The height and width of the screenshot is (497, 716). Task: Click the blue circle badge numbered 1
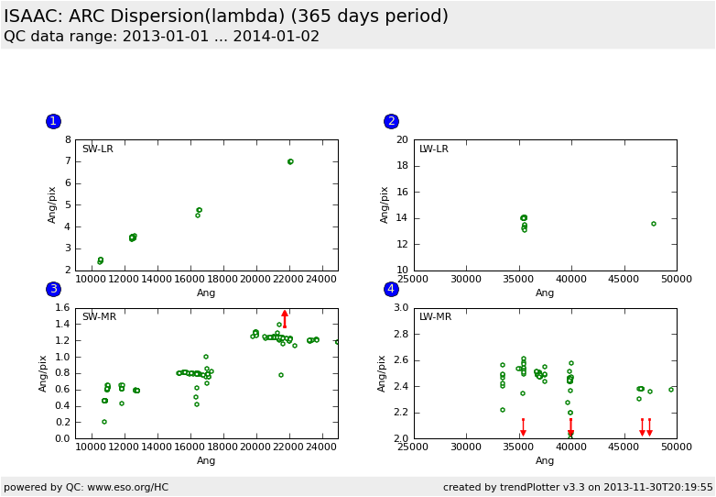click(x=53, y=121)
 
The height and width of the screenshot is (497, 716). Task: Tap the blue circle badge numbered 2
click(x=391, y=121)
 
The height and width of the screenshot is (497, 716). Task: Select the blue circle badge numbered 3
click(x=53, y=290)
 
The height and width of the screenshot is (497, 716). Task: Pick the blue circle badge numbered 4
click(x=391, y=290)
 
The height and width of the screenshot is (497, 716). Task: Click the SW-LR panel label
click(x=98, y=149)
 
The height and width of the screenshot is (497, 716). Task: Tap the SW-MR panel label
click(x=99, y=317)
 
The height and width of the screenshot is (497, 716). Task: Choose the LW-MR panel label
click(x=436, y=317)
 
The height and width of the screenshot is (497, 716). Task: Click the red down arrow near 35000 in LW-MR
click(x=523, y=427)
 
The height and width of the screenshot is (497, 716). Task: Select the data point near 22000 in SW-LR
click(x=290, y=161)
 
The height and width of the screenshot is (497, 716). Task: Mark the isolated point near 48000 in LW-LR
click(x=654, y=224)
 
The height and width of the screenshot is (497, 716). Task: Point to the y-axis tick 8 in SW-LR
click(x=68, y=140)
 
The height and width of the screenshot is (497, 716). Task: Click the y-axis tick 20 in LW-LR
click(x=403, y=140)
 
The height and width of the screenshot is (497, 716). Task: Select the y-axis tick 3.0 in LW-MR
click(x=401, y=308)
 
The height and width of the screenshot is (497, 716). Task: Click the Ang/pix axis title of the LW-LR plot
click(x=385, y=204)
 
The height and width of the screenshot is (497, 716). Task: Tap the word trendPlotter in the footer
click(x=540, y=487)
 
